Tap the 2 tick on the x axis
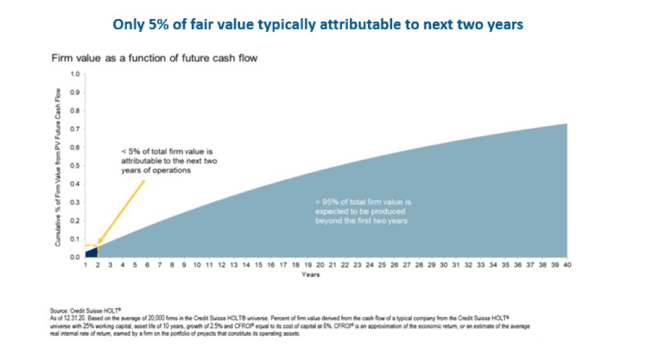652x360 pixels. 98,265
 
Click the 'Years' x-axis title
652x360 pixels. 310,275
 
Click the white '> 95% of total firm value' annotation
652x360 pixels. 360,211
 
